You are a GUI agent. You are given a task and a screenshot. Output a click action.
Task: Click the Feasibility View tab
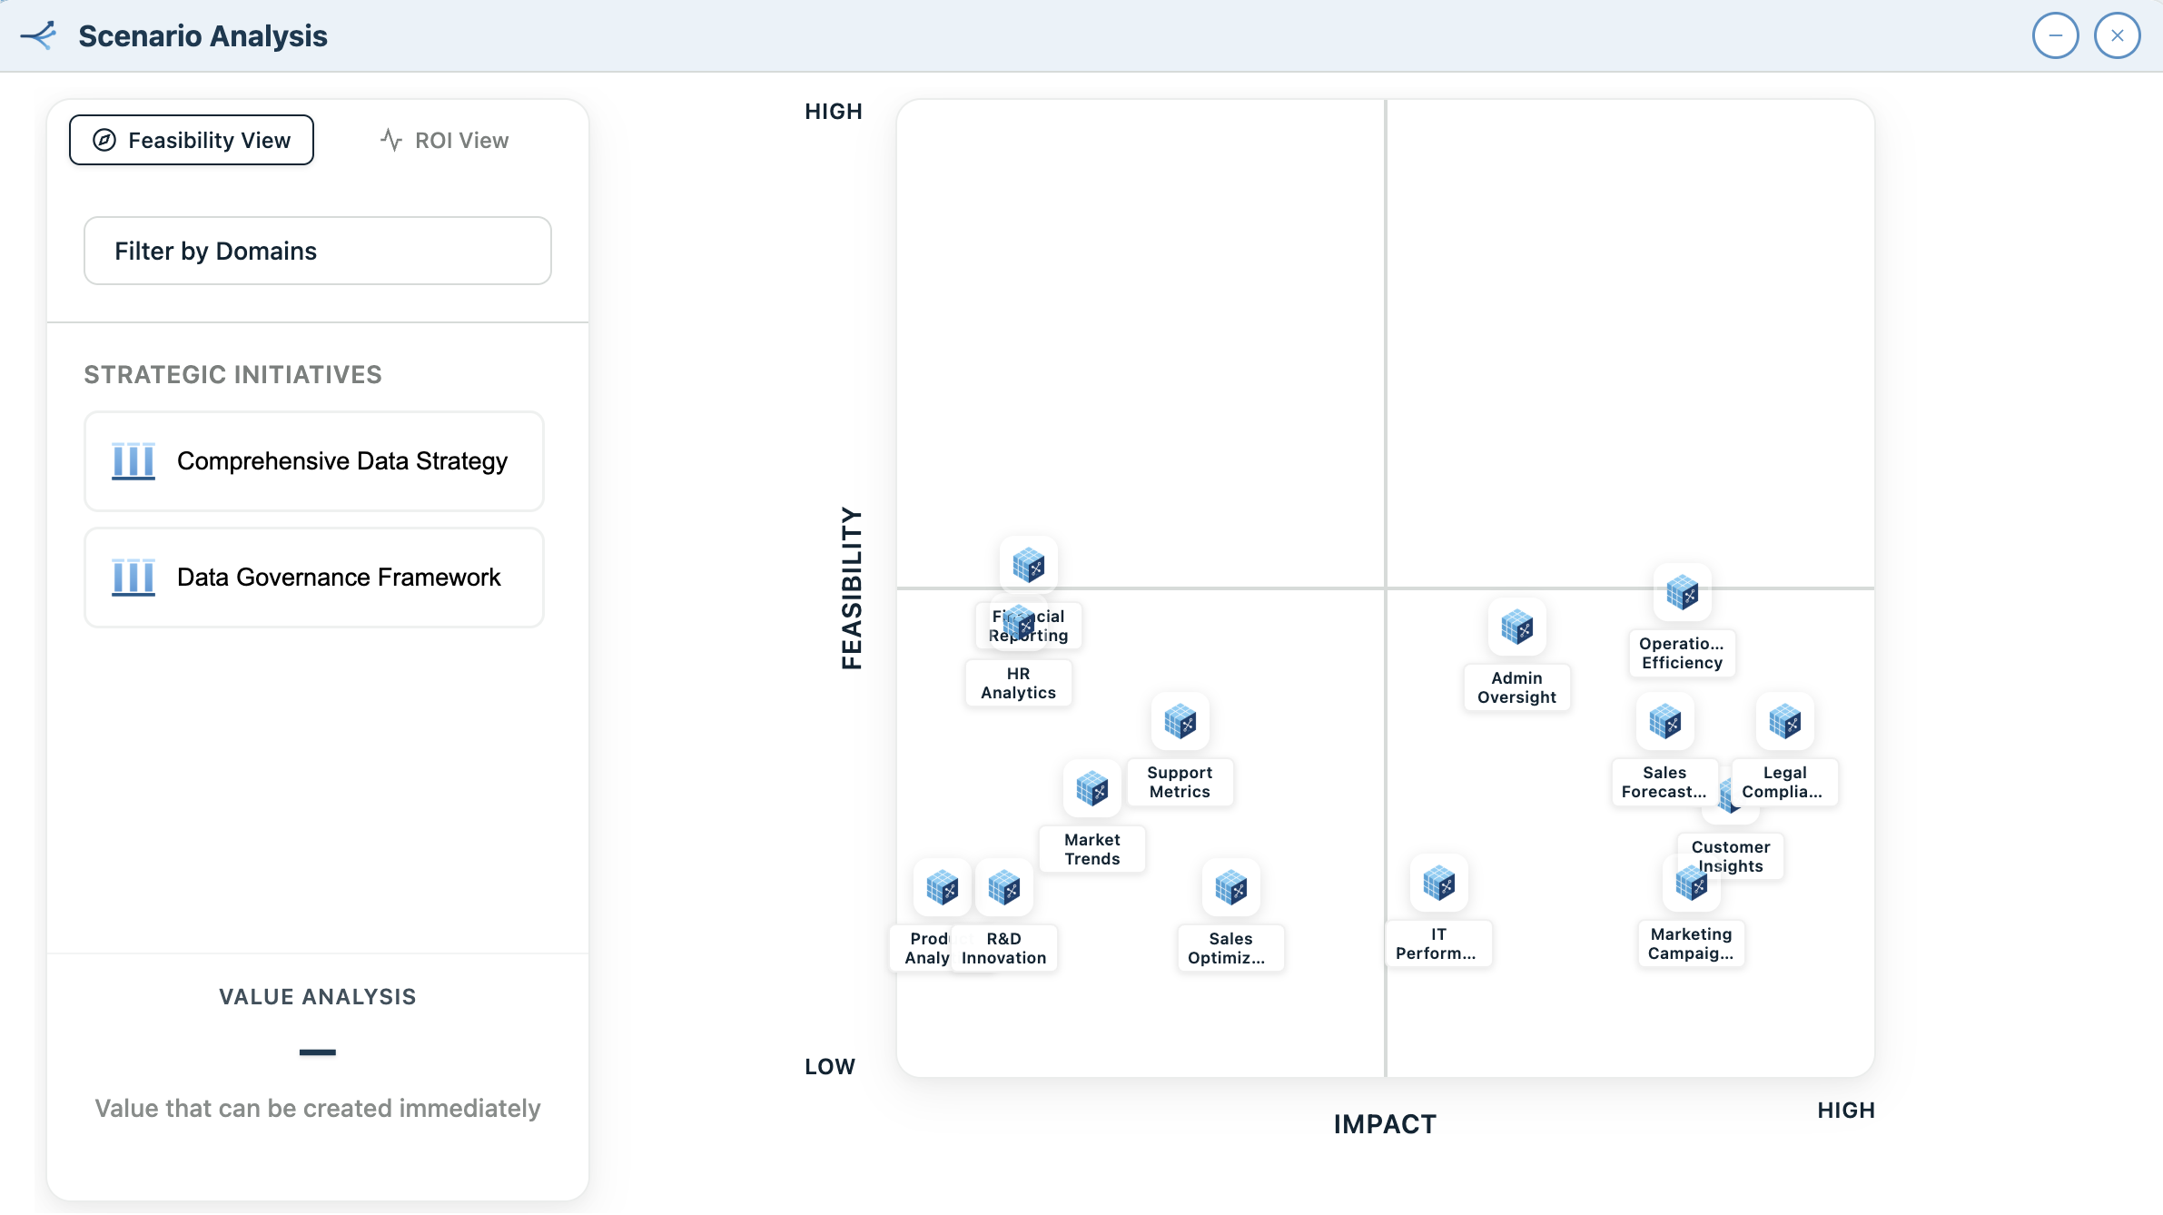(x=192, y=140)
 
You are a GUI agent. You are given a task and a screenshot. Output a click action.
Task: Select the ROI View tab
(x=444, y=140)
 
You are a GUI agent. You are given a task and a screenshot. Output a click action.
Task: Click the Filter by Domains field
(x=317, y=251)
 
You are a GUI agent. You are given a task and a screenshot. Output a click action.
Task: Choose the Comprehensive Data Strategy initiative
(x=314, y=461)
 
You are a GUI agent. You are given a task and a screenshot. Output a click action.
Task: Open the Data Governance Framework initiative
(x=314, y=578)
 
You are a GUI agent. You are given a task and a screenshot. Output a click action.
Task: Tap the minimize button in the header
(x=2055, y=36)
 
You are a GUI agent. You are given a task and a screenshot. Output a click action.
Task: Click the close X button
(x=2117, y=36)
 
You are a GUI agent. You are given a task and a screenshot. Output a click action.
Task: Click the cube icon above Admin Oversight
(x=1516, y=627)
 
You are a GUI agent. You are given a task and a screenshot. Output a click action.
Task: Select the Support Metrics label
(x=1180, y=782)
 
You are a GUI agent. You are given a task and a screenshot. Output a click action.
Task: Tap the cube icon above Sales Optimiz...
(x=1230, y=887)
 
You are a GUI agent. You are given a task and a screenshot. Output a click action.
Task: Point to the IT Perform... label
(x=1437, y=943)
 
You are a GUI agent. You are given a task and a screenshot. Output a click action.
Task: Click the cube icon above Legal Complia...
(x=1784, y=722)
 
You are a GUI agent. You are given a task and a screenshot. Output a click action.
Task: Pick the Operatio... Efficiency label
(x=1682, y=653)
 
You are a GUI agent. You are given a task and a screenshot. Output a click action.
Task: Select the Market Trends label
(x=1091, y=849)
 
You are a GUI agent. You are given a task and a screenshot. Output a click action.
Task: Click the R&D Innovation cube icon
(x=1003, y=887)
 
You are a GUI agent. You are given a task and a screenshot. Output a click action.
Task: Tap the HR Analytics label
(x=1018, y=683)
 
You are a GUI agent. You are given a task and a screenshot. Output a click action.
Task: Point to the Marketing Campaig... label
(x=1691, y=943)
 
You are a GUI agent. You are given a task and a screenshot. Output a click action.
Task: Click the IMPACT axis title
(x=1385, y=1124)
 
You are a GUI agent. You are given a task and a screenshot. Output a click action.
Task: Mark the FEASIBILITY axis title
(x=852, y=588)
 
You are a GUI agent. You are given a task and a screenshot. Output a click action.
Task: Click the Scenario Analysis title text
(x=202, y=36)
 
